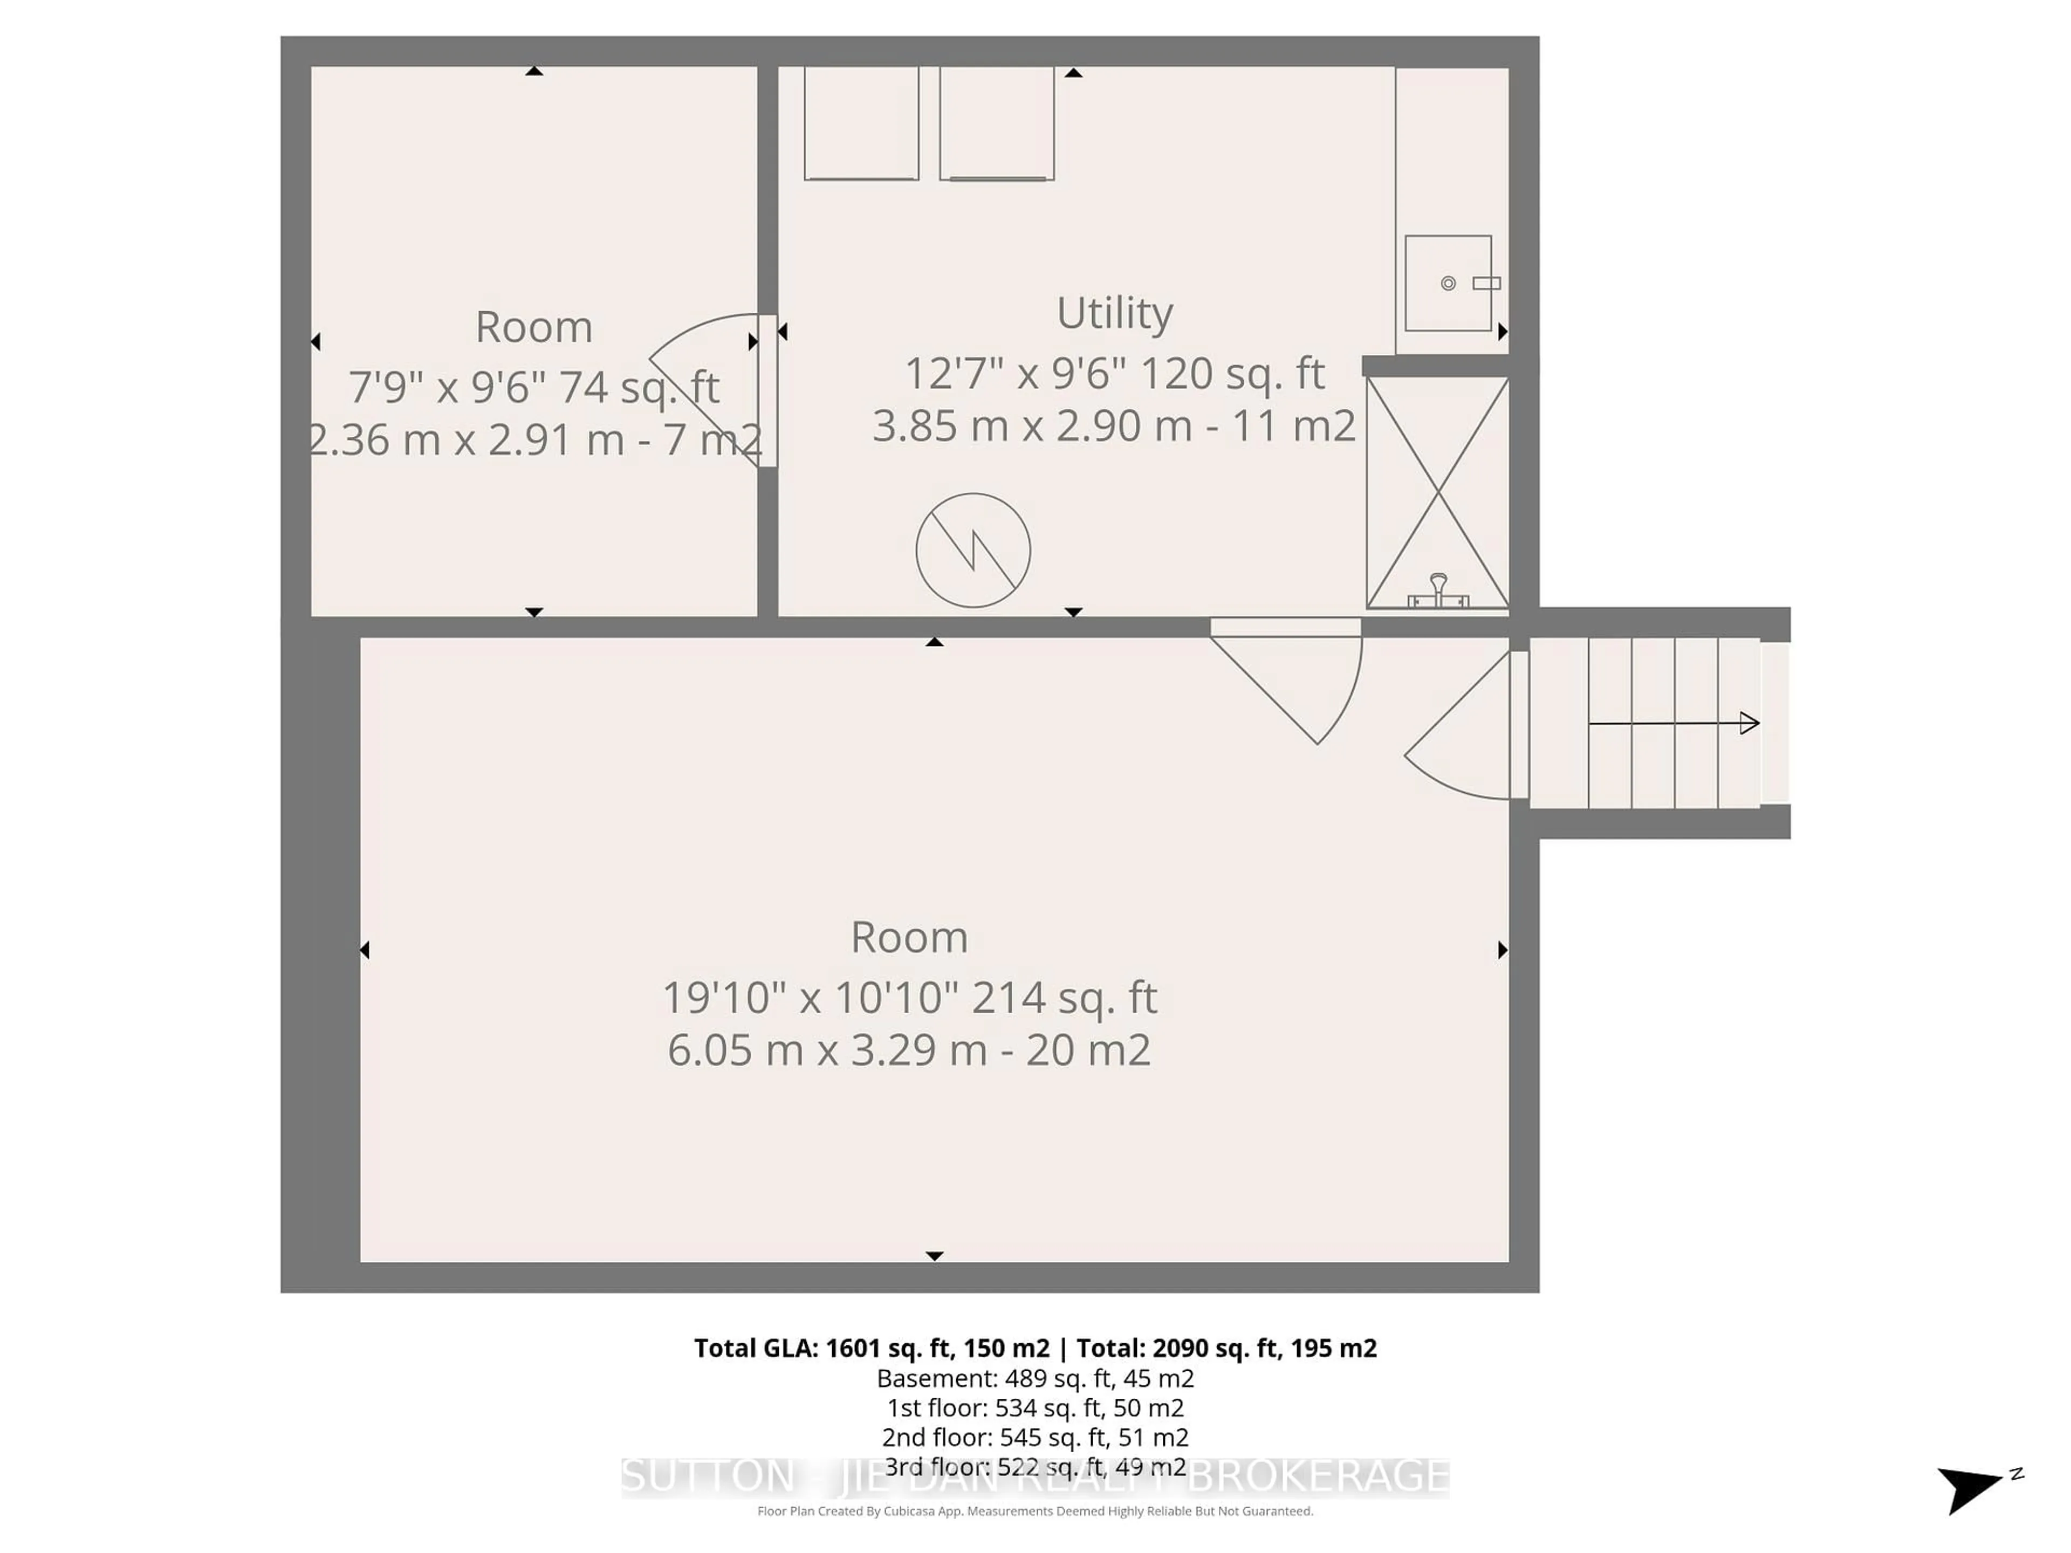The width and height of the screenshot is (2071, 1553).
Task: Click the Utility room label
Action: coord(1114,313)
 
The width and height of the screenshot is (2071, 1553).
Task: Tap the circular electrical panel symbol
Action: coord(973,551)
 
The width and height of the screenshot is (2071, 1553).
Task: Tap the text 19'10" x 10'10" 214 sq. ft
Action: coord(909,998)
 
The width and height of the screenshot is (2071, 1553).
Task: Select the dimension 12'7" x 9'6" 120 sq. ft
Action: coord(1114,374)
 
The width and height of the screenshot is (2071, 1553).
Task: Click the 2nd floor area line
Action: coord(1034,1437)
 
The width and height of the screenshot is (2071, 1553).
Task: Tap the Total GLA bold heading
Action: coord(1034,1348)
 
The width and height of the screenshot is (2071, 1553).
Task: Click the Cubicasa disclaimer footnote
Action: coord(1034,1511)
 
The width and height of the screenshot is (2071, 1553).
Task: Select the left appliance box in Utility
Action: coord(860,122)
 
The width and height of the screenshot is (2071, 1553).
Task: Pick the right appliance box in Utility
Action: coord(996,122)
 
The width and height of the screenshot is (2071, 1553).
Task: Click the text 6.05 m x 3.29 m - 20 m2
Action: coord(909,1050)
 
